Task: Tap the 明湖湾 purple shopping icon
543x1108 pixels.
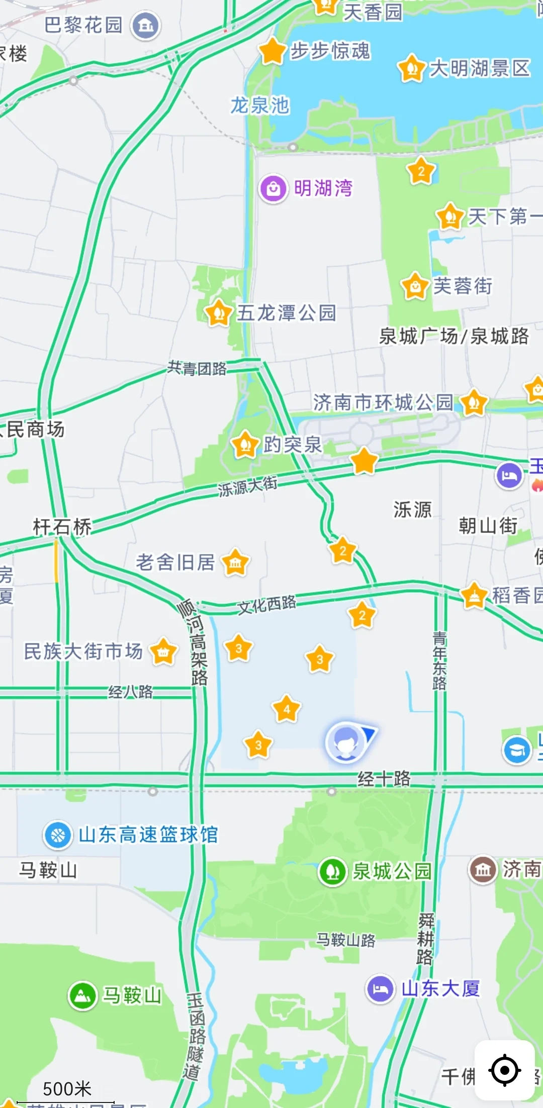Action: pyautogui.click(x=273, y=189)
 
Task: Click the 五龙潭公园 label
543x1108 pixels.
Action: pyautogui.click(x=286, y=313)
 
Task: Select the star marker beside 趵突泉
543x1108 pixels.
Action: pyautogui.click(x=245, y=445)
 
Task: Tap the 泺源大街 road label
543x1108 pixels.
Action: pyautogui.click(x=247, y=486)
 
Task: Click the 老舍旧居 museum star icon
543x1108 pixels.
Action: pyautogui.click(x=235, y=563)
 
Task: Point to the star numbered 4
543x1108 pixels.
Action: pyautogui.click(x=287, y=709)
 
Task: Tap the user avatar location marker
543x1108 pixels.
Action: pyautogui.click(x=345, y=742)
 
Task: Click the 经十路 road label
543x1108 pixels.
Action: pyautogui.click(x=384, y=779)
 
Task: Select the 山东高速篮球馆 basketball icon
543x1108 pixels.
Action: pyautogui.click(x=58, y=835)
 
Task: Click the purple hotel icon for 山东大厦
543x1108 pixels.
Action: pyautogui.click(x=380, y=989)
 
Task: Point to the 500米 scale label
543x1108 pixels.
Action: pyautogui.click(x=67, y=1089)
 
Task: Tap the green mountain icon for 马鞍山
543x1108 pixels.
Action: pyautogui.click(x=82, y=995)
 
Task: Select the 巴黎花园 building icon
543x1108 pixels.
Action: pyautogui.click(x=146, y=25)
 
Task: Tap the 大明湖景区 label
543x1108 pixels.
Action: pyautogui.click(x=480, y=68)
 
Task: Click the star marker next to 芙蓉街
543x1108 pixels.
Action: pyautogui.click(x=415, y=286)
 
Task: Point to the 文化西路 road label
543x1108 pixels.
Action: pyautogui.click(x=266, y=605)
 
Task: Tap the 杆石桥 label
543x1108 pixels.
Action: pyautogui.click(x=62, y=527)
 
